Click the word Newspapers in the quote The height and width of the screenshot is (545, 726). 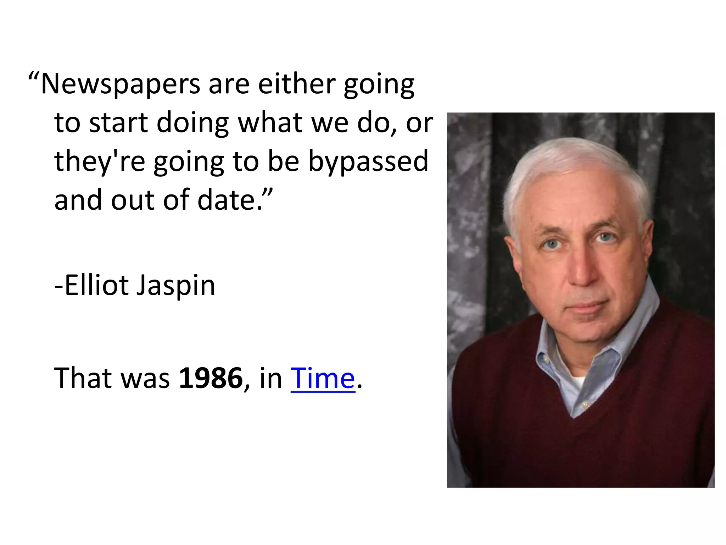[x=121, y=85]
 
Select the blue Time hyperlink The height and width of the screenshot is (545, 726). [x=323, y=378]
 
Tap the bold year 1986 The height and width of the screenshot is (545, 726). [x=211, y=378]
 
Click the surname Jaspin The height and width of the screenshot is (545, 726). [x=176, y=286]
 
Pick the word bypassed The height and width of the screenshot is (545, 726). [x=368, y=162]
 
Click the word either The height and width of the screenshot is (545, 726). [x=296, y=84]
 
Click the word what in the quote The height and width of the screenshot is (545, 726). [x=270, y=123]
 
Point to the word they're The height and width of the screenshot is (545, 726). [x=100, y=162]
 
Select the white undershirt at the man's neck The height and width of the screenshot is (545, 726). [x=577, y=382]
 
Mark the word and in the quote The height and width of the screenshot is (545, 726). [x=78, y=200]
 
